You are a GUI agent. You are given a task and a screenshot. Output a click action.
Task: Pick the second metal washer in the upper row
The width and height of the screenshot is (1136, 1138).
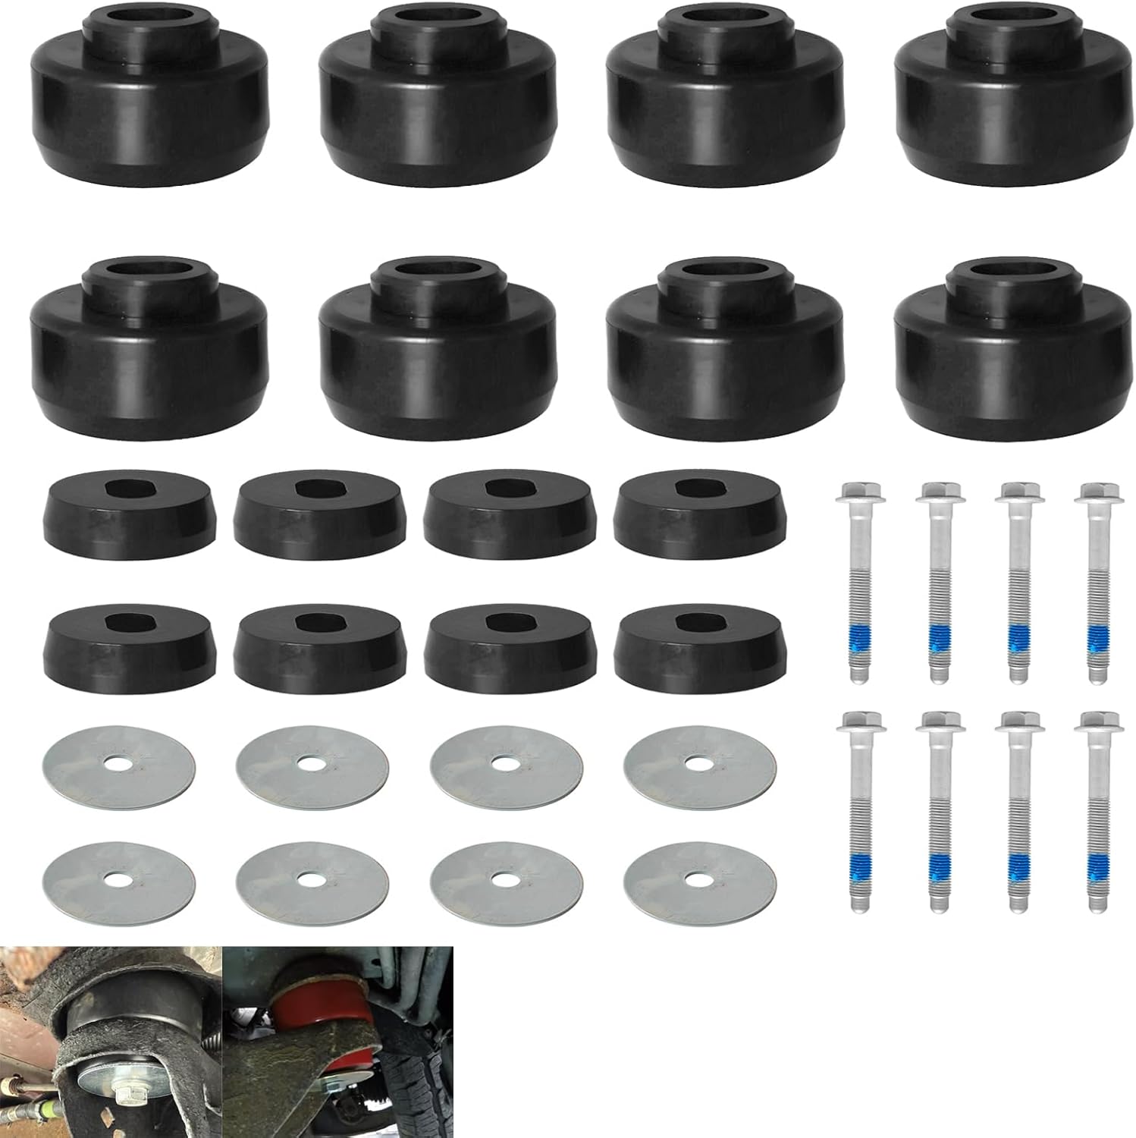click(x=312, y=762)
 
